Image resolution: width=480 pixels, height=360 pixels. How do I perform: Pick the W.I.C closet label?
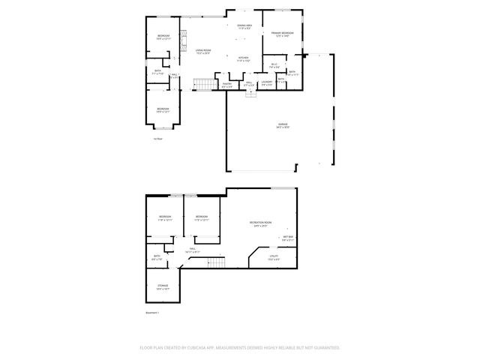click(274, 65)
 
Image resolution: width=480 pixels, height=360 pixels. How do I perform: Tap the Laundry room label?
click(266, 83)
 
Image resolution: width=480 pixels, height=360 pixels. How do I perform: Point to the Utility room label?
click(274, 258)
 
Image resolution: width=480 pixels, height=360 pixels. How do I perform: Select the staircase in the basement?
click(216, 262)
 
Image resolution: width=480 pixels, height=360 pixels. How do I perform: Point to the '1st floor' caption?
click(157, 139)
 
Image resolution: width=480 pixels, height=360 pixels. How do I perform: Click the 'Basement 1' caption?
click(152, 312)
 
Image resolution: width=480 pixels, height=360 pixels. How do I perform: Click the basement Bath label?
click(157, 258)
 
